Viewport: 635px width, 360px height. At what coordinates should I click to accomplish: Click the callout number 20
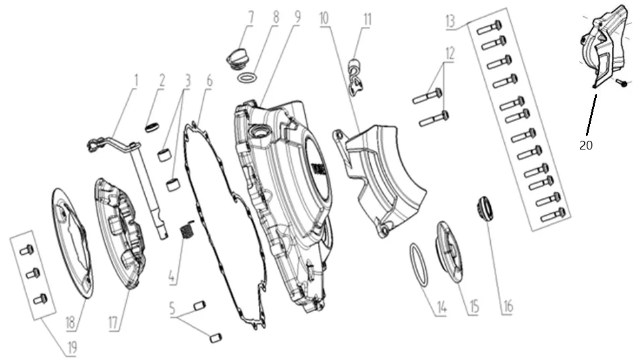585,145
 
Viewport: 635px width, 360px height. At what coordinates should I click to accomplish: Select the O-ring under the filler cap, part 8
247,77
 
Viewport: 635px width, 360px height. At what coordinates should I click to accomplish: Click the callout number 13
451,21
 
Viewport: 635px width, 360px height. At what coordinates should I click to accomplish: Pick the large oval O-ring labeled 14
419,265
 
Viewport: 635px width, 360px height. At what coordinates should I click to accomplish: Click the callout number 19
72,347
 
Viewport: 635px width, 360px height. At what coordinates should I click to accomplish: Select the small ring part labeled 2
151,127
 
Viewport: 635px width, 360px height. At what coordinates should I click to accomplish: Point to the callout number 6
209,80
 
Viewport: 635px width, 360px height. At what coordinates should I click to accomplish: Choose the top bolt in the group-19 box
26,249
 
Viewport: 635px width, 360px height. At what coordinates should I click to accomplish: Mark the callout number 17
113,322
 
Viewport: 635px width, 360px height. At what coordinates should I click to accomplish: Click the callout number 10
324,19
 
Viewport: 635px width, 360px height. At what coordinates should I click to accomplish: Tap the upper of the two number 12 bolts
428,96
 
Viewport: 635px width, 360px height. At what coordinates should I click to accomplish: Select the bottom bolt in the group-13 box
553,215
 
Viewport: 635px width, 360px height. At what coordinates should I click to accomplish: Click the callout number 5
172,308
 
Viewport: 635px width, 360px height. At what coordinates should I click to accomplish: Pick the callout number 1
136,80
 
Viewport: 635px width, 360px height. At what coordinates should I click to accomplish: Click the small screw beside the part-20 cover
622,83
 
